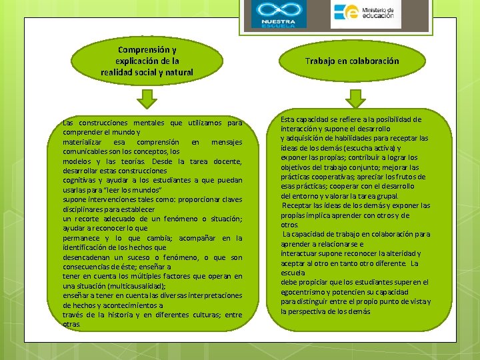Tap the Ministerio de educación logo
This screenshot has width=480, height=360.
[x=366, y=14]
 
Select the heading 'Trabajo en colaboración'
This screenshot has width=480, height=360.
[x=352, y=61]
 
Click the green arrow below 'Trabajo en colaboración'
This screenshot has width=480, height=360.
[x=355, y=99]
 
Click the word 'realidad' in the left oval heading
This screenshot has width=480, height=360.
[x=117, y=72]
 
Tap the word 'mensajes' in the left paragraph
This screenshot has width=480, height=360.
[x=226, y=142]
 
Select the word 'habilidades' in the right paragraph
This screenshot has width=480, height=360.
[x=348, y=138]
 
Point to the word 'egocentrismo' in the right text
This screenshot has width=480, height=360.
[x=305, y=292]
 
